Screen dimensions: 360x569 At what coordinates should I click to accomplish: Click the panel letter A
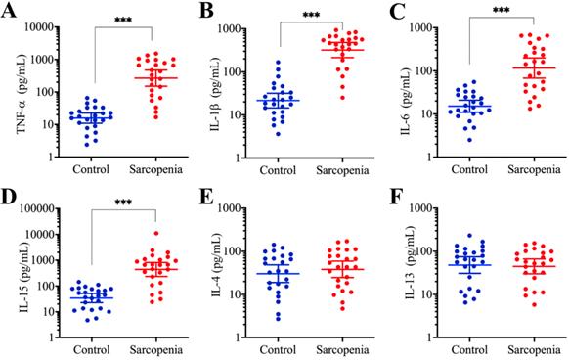[x=12, y=12]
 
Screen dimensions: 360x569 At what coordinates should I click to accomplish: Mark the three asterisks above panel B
[x=311, y=16]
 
